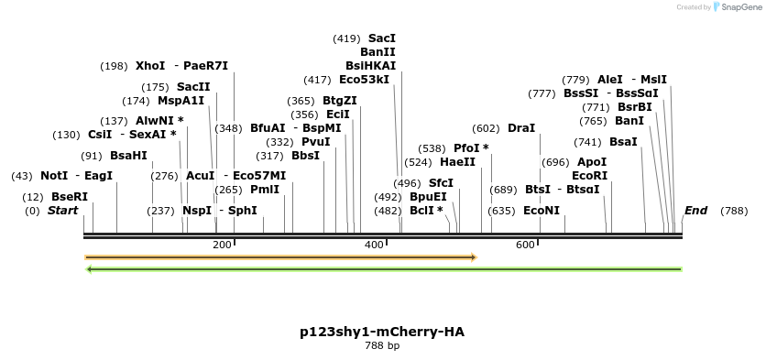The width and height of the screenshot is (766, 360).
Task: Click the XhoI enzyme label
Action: (x=150, y=66)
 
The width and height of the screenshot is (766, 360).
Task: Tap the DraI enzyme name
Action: (x=521, y=128)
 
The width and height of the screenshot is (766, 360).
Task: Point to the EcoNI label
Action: (x=541, y=211)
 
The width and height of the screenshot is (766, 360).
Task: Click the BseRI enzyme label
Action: (x=70, y=197)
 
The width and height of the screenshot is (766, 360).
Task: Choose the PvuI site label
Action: (x=316, y=142)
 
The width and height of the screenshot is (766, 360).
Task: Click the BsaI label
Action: (x=623, y=142)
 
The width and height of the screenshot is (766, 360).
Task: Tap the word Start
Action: (x=63, y=211)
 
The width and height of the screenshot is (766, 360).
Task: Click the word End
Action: (x=696, y=211)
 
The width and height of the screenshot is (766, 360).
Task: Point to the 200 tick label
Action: (x=222, y=245)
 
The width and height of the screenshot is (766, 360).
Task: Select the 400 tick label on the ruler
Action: (x=374, y=245)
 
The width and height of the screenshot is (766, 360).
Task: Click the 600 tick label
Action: (x=525, y=245)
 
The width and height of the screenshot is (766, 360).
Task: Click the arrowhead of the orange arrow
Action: (x=473, y=257)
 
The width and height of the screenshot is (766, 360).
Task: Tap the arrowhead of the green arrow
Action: (x=90, y=269)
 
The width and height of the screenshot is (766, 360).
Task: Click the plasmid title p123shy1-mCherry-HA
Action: (x=382, y=331)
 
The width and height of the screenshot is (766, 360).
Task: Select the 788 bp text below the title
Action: (x=382, y=346)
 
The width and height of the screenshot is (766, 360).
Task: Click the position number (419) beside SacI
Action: (x=346, y=38)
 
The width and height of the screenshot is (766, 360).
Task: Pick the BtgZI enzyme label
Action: (x=340, y=101)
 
